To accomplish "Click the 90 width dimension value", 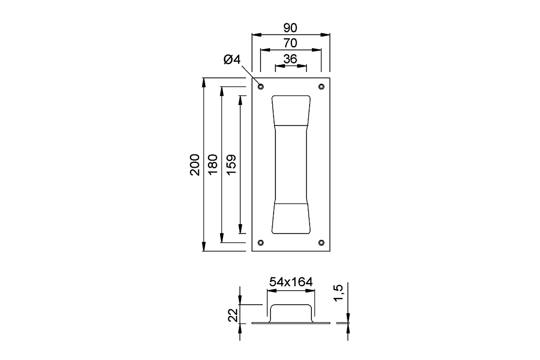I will coord(290,28).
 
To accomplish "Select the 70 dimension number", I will coord(290,44).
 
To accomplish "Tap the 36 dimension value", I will coord(290,59).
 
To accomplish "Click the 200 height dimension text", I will coord(194,165).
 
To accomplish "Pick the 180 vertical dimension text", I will coord(212,165).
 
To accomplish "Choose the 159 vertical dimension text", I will coord(230,165).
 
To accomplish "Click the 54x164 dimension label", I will coord(291,282).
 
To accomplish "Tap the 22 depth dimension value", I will coord(233,315).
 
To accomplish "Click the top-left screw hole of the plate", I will coord(261,86).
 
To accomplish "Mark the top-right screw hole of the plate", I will coord(321,86).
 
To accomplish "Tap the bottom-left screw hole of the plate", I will coord(261,243).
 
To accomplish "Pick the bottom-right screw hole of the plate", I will coord(321,243).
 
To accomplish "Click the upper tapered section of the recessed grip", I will coord(291,110).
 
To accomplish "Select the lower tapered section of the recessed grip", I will coord(291,219).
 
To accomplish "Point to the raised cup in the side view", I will coord(291,310).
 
